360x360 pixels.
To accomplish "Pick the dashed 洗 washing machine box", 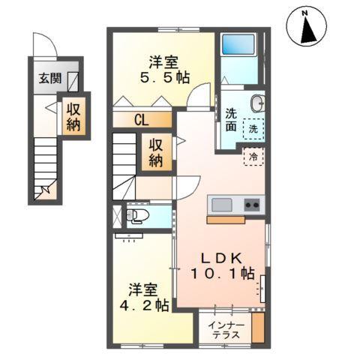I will tap(256, 128).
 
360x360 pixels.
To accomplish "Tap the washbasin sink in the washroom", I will tap(257, 103).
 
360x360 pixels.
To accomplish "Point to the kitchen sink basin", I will tap(223, 205).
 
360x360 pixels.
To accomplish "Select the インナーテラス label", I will tap(226, 329).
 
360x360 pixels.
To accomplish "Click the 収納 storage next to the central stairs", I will tap(156, 152).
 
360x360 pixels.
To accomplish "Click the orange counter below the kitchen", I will tap(226, 220).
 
